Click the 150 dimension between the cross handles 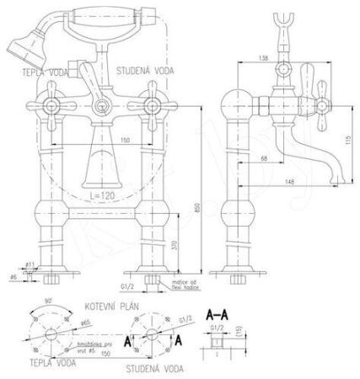pos(124,141)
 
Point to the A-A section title pos(218,313)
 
